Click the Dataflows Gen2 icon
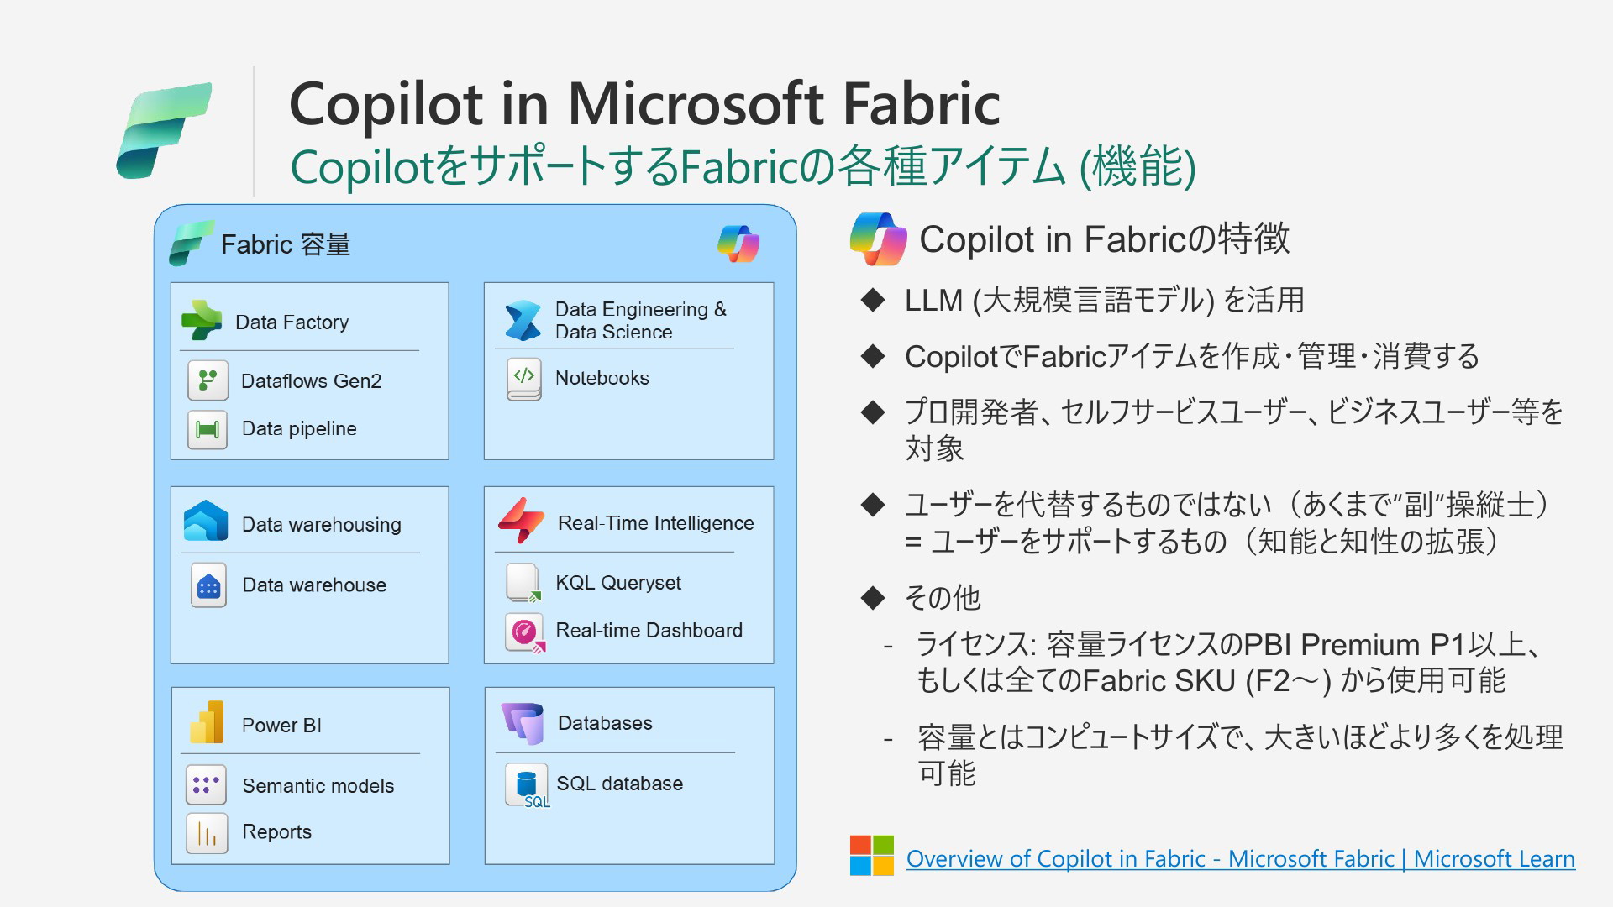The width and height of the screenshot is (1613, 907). (208, 380)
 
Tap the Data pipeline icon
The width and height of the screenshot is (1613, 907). (208, 429)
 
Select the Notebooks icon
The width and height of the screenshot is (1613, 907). (524, 379)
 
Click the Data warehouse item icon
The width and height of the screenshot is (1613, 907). (208, 585)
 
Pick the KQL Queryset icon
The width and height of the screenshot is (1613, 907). (523, 583)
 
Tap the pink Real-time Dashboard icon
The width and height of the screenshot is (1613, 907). (525, 632)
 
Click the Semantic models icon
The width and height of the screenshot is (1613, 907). (207, 785)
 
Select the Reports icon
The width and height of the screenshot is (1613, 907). (207, 833)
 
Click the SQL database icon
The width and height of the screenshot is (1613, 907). (527, 785)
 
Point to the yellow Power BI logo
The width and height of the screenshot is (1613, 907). (207, 722)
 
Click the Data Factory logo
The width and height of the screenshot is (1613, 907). (202, 320)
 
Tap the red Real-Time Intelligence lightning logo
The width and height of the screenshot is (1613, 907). (521, 521)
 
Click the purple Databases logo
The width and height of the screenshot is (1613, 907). (523, 723)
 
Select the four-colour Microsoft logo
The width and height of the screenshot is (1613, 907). (872, 856)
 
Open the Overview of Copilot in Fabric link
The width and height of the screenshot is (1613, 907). (1241, 859)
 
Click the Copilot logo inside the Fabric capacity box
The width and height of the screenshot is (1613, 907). (738, 244)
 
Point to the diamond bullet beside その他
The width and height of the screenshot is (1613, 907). (874, 598)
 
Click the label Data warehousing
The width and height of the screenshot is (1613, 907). (322, 525)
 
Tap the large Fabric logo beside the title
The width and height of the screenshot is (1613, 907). (164, 130)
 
